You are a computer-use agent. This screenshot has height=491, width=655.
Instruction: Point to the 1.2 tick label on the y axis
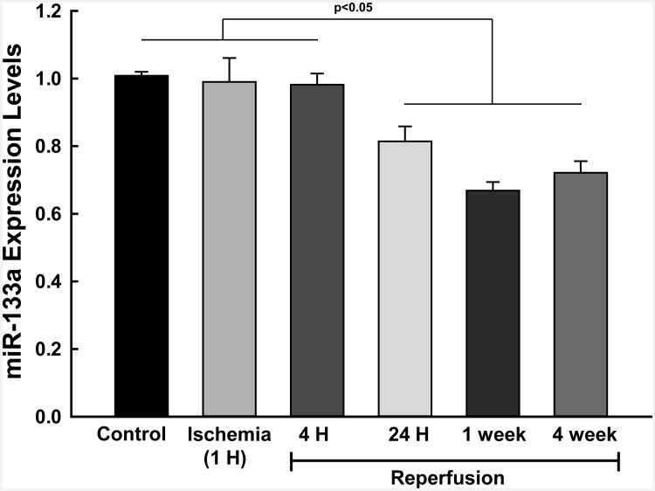tap(59, 11)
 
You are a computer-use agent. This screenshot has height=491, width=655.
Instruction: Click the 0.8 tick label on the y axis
tap(59, 146)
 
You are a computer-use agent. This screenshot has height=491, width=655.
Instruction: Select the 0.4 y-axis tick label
tap(59, 281)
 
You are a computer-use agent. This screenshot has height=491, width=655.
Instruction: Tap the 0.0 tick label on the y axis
tap(59, 417)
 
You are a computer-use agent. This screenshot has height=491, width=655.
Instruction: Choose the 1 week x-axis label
tap(493, 434)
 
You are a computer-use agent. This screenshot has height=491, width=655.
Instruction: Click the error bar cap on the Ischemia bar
tap(230, 59)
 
